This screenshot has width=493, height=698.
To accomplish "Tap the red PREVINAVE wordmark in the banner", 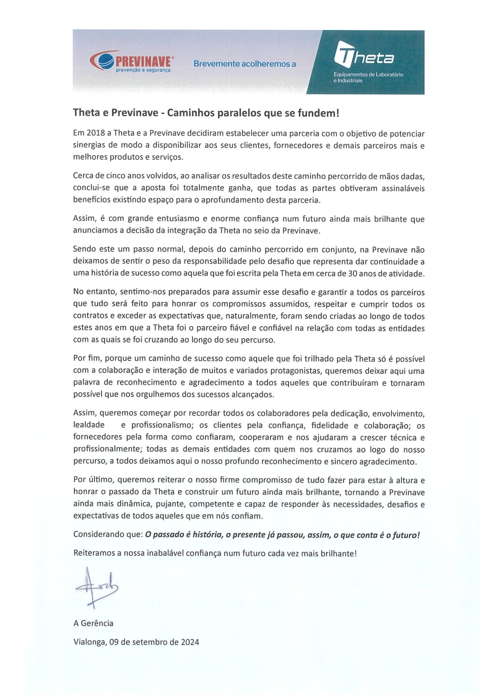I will click(143, 62).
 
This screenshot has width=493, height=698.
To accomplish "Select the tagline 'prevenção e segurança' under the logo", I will click(143, 70).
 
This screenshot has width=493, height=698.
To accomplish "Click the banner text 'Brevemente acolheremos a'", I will click(245, 63).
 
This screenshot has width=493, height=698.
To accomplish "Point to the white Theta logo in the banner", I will click(364, 55).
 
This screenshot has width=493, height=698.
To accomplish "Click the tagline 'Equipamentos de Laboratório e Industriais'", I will click(368, 78).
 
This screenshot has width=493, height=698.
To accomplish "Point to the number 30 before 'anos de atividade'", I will click(353, 273).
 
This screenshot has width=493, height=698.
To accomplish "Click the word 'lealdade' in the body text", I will click(89, 425).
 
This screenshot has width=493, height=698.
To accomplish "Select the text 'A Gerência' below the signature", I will click(93, 623).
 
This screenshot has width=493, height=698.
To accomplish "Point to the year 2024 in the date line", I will click(190, 642).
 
